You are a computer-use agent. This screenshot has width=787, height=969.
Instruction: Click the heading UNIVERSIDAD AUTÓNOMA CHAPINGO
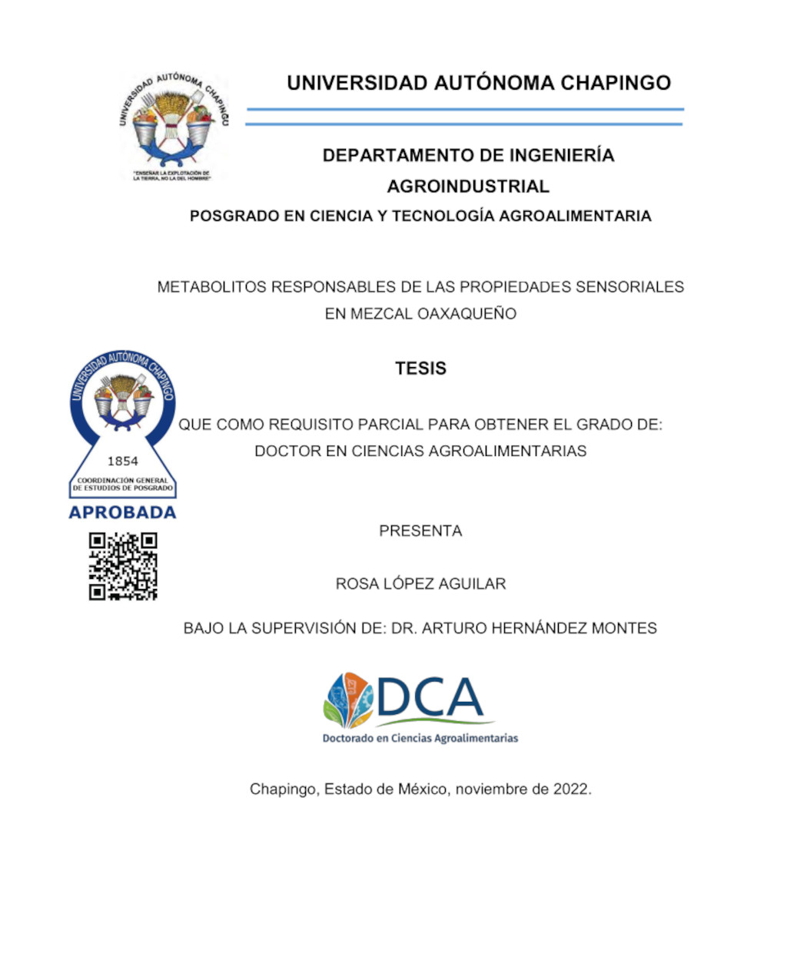click(479, 83)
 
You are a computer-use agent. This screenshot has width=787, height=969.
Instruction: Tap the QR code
click(123, 566)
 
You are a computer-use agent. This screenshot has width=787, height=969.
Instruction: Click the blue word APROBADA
click(122, 512)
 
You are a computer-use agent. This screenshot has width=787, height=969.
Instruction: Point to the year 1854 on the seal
click(122, 461)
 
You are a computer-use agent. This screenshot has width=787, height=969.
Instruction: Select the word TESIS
click(420, 369)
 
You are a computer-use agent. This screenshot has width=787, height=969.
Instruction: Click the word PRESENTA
click(420, 531)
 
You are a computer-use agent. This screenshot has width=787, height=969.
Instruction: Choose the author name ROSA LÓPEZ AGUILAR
click(420, 584)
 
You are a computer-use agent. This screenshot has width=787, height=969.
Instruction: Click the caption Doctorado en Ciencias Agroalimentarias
click(420, 739)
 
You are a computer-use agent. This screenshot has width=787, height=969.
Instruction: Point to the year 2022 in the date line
click(571, 789)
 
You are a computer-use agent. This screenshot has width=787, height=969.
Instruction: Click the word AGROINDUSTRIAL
click(468, 187)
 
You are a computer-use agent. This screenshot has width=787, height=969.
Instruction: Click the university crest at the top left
click(173, 125)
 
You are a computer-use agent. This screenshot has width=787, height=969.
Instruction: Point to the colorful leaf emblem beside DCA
click(348, 699)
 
